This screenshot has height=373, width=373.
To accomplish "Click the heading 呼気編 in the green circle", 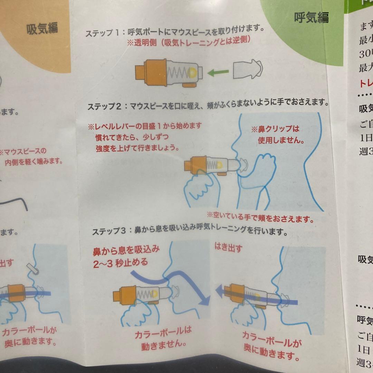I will coord(311,17).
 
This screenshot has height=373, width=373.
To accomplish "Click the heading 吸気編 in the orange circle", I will coord(42,29).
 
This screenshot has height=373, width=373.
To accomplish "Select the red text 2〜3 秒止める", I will coord(121,262).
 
